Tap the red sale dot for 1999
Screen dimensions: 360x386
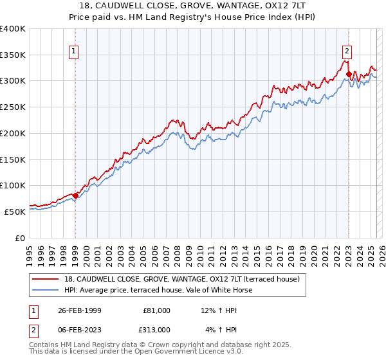click(75, 195)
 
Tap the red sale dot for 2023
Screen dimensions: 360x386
click(349, 74)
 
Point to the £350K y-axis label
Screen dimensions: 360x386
click(13, 55)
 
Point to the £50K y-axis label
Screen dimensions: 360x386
click(15, 211)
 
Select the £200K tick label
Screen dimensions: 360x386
click(13, 133)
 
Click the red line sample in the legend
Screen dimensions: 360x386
click(46, 279)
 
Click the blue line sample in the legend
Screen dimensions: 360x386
click(46, 290)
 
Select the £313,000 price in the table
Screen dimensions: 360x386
click(156, 330)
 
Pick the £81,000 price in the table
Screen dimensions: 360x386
click(156, 310)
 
